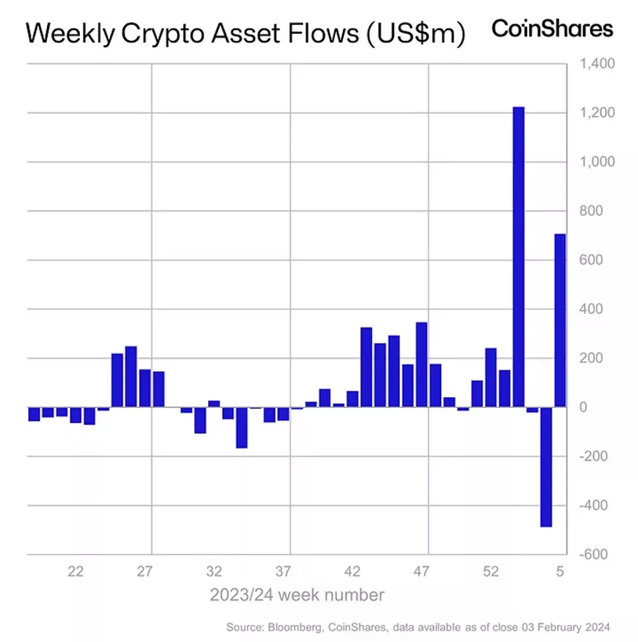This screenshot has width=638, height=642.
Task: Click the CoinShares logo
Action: tap(552, 29)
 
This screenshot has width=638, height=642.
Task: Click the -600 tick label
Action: tap(594, 554)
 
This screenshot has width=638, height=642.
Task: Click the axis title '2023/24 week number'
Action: tap(297, 595)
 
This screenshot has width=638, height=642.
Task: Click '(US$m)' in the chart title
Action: tap(411, 34)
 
